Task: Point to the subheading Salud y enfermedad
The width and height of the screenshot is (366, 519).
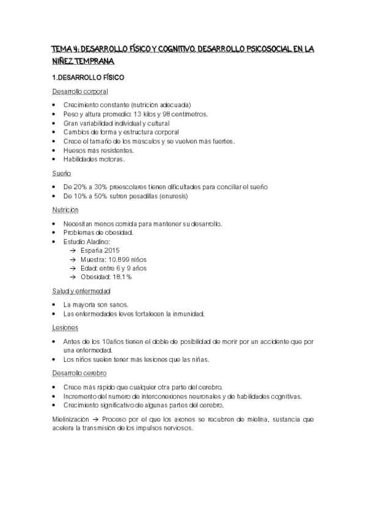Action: pos(81,291)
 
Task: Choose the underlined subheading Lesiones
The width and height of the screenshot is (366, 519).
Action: pos(65,327)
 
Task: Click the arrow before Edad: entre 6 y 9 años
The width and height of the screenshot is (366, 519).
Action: pos(73,268)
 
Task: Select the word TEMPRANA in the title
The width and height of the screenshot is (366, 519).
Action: pos(92,61)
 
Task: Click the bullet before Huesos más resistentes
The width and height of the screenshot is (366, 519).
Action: pos(54,150)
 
